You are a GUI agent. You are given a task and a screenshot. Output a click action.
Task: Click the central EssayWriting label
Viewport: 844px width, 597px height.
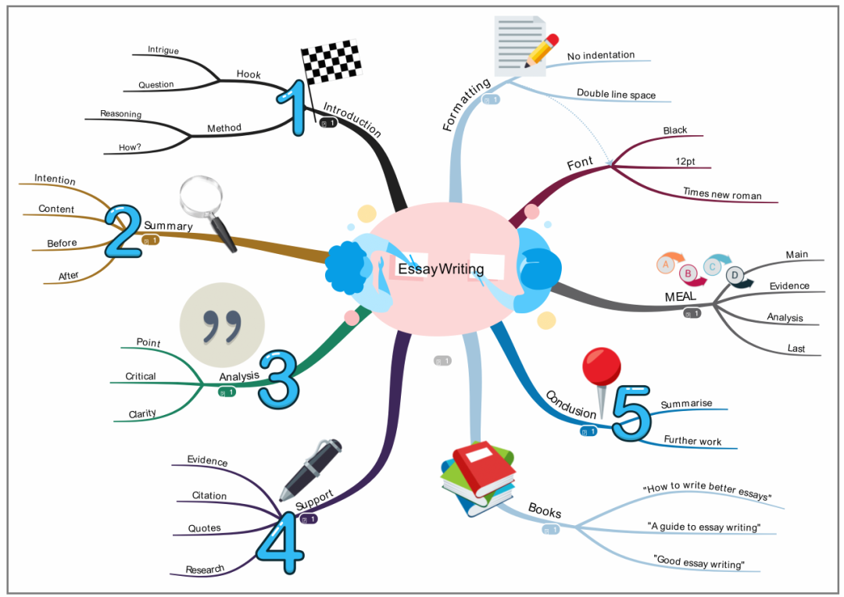click(441, 270)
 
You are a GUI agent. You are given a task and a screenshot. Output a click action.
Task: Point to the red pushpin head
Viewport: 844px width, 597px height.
click(602, 366)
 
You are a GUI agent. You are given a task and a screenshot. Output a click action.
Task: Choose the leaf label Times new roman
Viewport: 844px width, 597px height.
click(721, 193)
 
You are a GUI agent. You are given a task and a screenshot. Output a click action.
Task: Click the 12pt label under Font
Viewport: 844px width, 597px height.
click(685, 162)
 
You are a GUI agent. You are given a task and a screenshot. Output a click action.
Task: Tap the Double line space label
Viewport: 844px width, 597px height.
click(616, 95)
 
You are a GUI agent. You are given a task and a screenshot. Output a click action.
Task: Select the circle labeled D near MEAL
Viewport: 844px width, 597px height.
click(735, 275)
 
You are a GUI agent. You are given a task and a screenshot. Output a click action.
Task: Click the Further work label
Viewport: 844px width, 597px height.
click(692, 441)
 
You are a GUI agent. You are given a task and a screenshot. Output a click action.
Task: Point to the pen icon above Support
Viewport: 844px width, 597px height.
click(310, 468)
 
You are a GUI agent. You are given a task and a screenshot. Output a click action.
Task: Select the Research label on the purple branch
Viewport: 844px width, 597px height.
click(205, 569)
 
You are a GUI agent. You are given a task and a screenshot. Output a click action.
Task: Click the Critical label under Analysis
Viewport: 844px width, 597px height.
click(141, 377)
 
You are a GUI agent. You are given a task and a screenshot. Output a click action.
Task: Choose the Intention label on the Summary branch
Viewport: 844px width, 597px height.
click(55, 180)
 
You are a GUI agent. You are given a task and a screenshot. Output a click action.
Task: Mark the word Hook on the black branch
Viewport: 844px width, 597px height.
click(249, 75)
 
